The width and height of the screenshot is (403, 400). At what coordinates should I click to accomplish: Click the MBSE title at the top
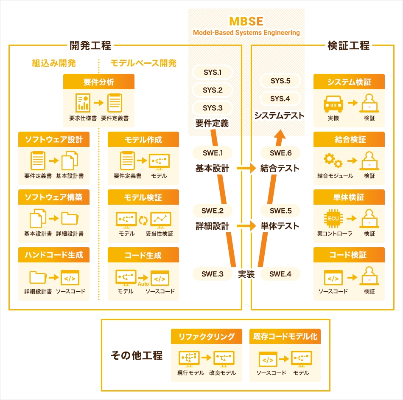[246, 22]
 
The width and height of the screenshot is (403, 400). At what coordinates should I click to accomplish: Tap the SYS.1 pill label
[213, 72]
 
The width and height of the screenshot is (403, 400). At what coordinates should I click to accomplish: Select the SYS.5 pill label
[280, 81]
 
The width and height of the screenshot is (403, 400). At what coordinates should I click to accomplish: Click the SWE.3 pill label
[213, 274]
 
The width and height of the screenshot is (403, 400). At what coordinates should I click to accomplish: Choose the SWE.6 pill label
[280, 153]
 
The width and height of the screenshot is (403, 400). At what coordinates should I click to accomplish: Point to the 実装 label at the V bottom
[246, 274]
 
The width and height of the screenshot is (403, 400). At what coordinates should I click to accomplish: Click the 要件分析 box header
[98, 82]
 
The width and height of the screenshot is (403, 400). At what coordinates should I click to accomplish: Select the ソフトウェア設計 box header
[54, 139]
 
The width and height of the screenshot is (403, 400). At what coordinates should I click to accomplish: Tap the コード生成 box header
[143, 255]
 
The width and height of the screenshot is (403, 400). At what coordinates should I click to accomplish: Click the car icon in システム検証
[333, 103]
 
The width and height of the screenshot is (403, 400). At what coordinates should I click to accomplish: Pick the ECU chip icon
[333, 219]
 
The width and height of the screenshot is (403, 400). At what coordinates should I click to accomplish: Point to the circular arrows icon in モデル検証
[143, 220]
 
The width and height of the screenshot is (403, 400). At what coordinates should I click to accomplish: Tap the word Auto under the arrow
[143, 284]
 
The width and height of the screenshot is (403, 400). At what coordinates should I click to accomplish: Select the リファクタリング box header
[207, 336]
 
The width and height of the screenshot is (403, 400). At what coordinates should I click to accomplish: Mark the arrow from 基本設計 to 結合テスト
[245, 168]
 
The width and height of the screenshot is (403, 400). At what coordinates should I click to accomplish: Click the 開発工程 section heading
[91, 45]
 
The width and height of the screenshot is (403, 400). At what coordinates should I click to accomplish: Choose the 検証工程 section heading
[349, 45]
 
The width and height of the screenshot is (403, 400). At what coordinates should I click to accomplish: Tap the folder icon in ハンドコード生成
[38, 277]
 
